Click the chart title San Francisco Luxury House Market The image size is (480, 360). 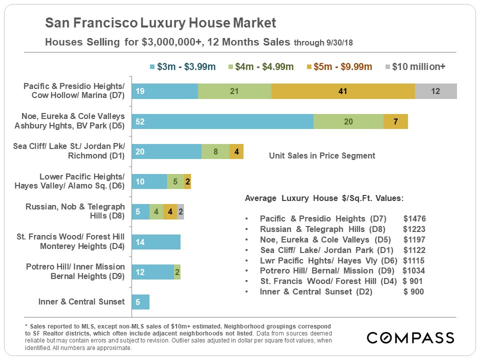tap(160, 23)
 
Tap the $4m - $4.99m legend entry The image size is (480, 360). tap(261, 66)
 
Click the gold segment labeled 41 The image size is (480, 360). tap(343, 91)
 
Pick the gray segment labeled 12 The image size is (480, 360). tap(436, 91)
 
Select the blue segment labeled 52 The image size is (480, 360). tap(222, 121)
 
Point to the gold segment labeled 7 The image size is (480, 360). tap(395, 121)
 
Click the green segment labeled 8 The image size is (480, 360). tap(215, 151)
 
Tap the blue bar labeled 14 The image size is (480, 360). tap(156, 242)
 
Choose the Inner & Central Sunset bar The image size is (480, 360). tap(140, 302)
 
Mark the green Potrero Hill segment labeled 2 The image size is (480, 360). tap(177, 272)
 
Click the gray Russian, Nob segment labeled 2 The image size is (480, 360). tap(180, 212)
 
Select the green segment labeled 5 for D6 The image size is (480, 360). tap(175, 181)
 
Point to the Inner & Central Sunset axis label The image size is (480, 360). tap(81, 301)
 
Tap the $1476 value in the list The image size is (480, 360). tap(414, 218)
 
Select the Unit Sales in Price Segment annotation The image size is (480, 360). tap(322, 155)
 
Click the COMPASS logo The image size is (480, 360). tap(410, 337)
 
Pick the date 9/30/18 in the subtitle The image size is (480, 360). tap(338, 43)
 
